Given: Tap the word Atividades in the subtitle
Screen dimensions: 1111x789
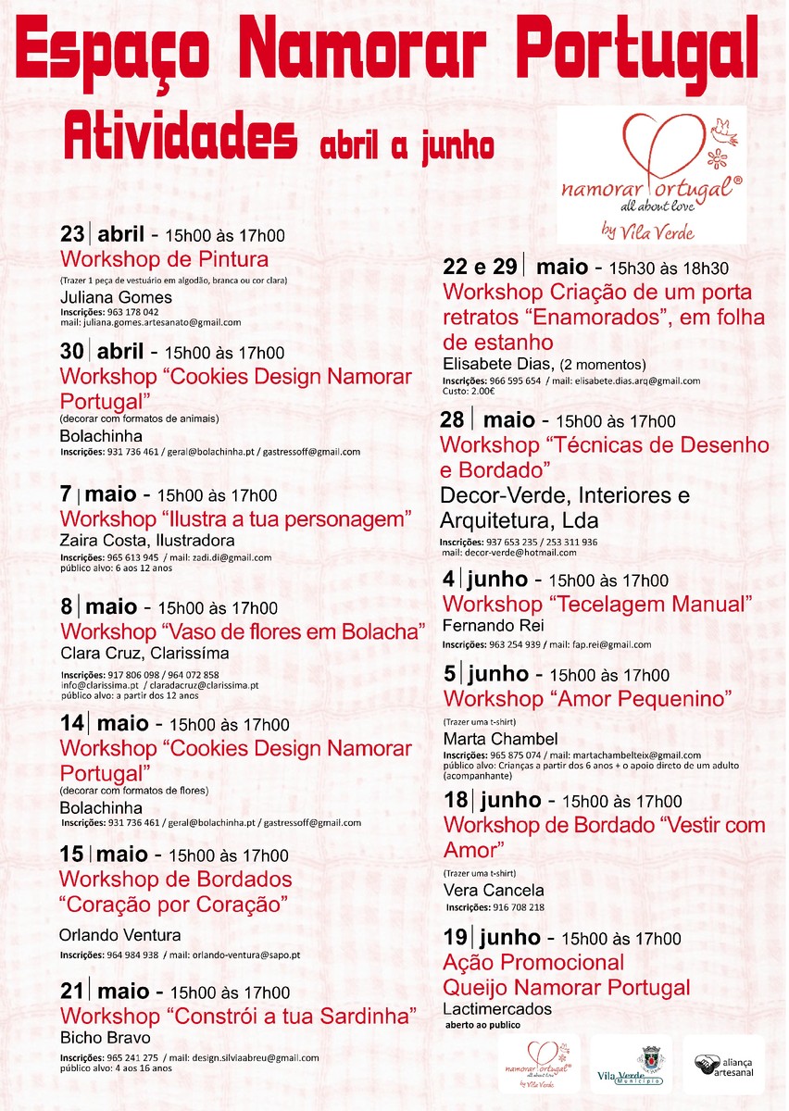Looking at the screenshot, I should pyautogui.click(x=181, y=136).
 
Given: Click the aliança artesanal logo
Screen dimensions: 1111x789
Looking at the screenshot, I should pyautogui.click(x=723, y=1064).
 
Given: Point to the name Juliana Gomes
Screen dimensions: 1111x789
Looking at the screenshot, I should pyautogui.click(x=116, y=298).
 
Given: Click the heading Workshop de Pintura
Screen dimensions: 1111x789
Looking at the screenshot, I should pyautogui.click(x=164, y=259).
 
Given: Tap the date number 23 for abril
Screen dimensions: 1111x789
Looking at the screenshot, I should pyautogui.click(x=71, y=234).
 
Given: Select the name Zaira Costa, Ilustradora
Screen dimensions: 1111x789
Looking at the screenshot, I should pyautogui.click(x=146, y=541).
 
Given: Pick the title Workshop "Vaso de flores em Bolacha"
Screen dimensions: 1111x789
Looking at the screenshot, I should pyautogui.click(x=242, y=631).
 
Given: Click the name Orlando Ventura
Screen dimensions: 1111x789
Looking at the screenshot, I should pyautogui.click(x=119, y=935).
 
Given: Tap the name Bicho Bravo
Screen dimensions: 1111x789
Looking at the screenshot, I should pyautogui.click(x=105, y=1037).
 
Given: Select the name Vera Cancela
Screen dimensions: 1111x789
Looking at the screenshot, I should pyautogui.click(x=494, y=891).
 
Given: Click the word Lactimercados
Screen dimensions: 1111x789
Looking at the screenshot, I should pyautogui.click(x=497, y=1009).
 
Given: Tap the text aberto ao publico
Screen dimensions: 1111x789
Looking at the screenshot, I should pyautogui.click(x=482, y=1026).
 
